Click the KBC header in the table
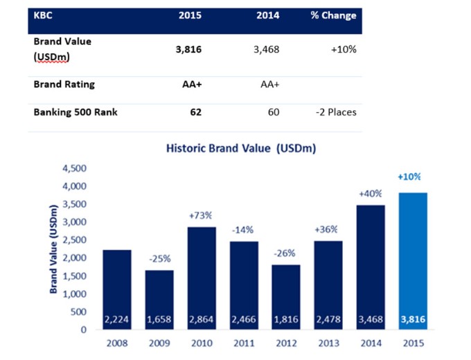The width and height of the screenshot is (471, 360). click(x=44, y=15)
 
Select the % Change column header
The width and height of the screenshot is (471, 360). click(x=333, y=15)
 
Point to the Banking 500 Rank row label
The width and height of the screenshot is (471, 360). click(x=75, y=111)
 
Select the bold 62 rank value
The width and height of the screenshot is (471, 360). click(x=195, y=111)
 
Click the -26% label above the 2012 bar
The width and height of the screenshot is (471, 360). click(x=285, y=253)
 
